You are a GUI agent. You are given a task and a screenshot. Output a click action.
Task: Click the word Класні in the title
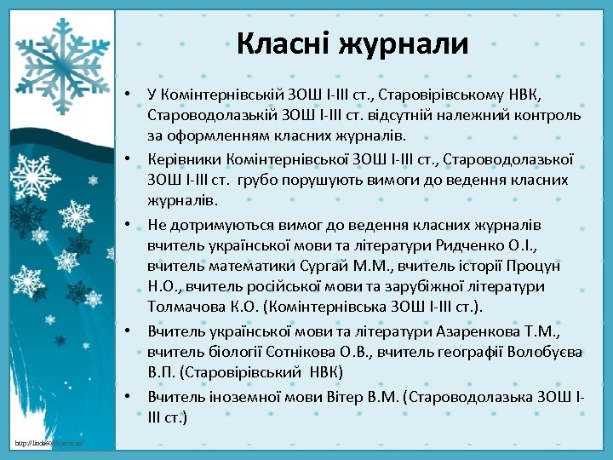[x=282, y=42]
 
